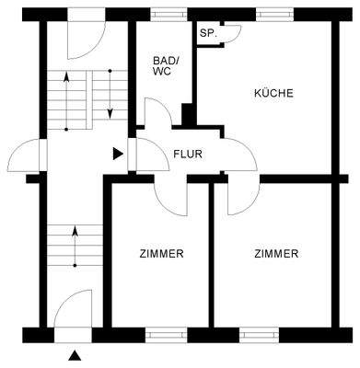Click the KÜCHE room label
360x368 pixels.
click(x=273, y=93)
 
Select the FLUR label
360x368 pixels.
click(x=188, y=154)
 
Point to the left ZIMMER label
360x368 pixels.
click(x=161, y=253)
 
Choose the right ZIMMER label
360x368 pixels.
click(x=276, y=253)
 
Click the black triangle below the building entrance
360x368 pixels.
click(x=75, y=353)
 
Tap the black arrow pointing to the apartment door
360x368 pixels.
click(x=117, y=154)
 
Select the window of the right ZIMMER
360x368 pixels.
click(x=259, y=334)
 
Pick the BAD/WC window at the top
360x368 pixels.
click(x=165, y=13)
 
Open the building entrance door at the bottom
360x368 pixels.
click(x=74, y=308)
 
